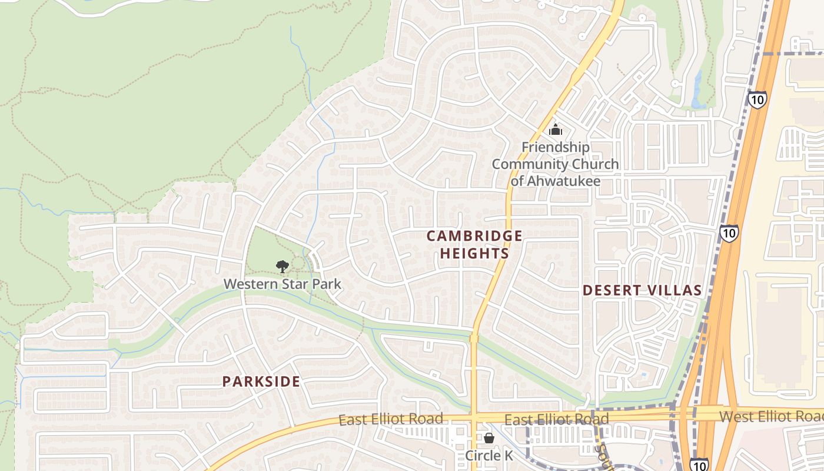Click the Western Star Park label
coord(282,284)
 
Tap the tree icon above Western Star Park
coord(283,267)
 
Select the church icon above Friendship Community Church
coord(555,130)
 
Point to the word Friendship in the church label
coord(555,147)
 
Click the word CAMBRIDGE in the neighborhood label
coord(474,236)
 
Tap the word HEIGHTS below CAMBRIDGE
coord(474,254)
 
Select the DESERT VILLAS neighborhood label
coord(642,290)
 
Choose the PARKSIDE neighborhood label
coord(261,382)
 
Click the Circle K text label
coord(489,456)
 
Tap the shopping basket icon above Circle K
coord(489,438)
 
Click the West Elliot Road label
coord(771,417)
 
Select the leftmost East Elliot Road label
coord(391,419)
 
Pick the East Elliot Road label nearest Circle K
coord(556,420)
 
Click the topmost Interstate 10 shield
coord(757,99)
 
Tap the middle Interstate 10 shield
coord(729,234)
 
